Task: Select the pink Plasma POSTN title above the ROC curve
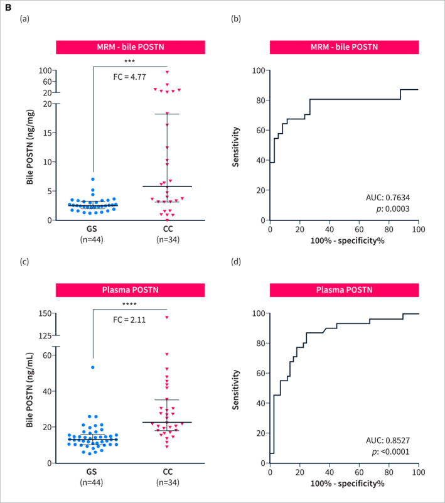[x=344, y=291]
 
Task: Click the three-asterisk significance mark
[x=130, y=62]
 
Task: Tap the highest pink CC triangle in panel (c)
[x=167, y=317]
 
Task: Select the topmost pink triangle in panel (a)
[x=167, y=72]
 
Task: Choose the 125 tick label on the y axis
[x=44, y=336]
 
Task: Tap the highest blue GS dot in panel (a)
[x=92, y=179]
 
